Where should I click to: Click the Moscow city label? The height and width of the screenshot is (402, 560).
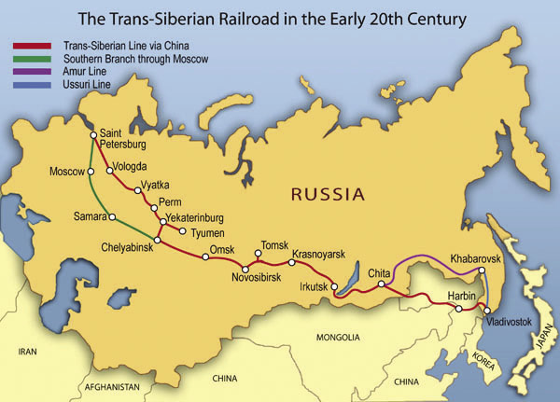coord(65,172)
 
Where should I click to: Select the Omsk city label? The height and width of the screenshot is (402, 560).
coord(222,249)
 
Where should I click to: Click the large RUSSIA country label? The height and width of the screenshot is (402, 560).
coord(326,195)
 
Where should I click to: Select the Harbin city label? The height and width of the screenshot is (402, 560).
coord(462,296)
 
